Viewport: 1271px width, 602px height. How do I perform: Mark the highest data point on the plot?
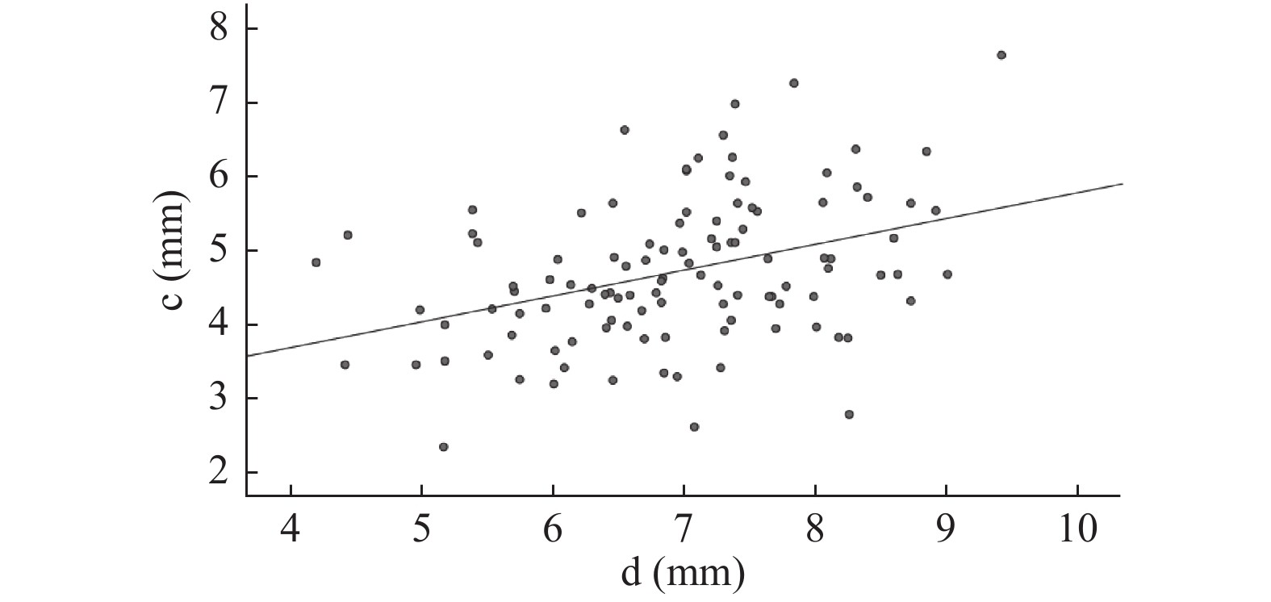click(1001, 55)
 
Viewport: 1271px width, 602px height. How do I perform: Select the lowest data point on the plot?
click(443, 447)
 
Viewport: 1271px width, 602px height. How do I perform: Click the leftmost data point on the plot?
click(316, 262)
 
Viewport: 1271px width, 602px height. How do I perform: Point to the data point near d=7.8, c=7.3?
click(793, 83)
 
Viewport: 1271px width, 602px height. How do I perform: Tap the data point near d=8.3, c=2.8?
click(849, 415)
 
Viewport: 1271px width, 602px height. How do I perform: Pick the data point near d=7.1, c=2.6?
click(694, 427)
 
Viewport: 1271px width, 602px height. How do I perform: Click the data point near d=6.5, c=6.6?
click(624, 130)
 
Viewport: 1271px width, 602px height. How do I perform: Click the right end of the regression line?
click(1123, 184)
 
